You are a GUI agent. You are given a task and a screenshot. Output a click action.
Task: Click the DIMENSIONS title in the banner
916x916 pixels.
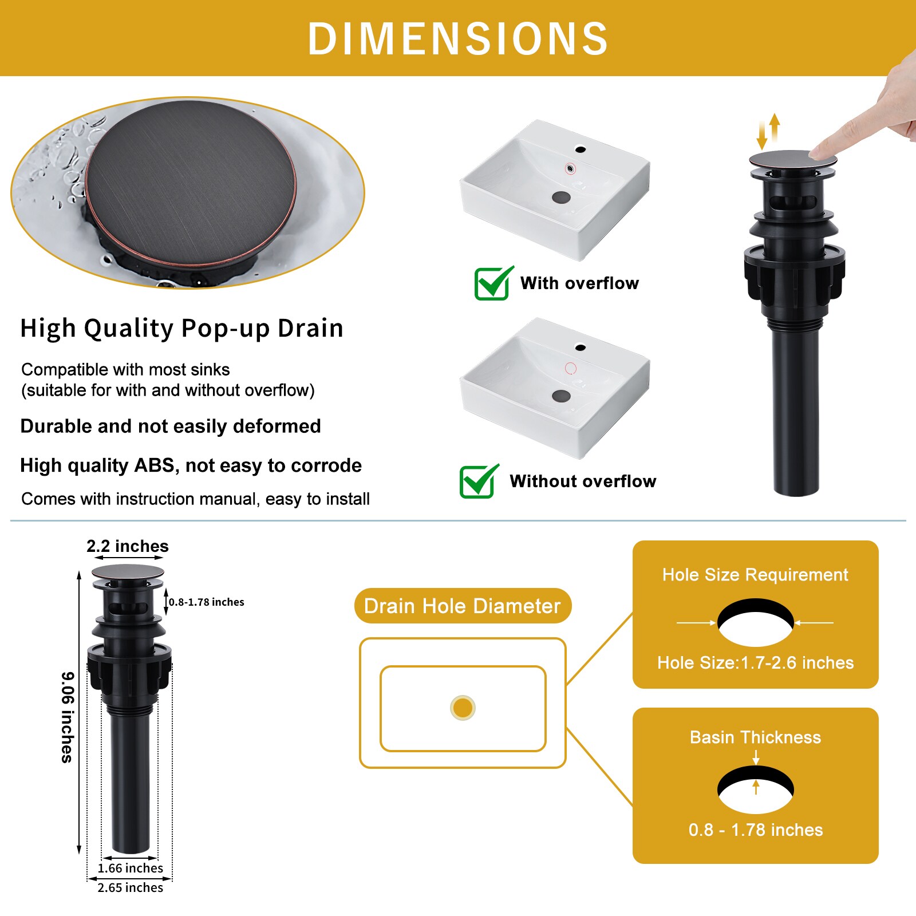458,39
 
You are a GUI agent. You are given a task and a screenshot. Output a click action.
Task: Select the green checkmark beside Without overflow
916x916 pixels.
478,481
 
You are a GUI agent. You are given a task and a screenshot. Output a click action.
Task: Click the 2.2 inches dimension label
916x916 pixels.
128,546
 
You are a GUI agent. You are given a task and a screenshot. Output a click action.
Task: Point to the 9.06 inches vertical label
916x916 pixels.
68,717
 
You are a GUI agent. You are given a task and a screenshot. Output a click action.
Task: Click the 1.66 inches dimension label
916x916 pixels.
130,868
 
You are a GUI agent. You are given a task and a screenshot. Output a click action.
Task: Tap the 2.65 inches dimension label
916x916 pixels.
130,887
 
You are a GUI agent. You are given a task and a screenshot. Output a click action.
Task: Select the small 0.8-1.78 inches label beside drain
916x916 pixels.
206,602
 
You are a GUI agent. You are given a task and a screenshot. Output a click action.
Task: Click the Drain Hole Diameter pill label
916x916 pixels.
462,606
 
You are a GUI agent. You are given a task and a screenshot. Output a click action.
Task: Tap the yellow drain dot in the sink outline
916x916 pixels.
463,708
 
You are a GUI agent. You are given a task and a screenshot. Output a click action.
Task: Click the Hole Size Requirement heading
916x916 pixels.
755,574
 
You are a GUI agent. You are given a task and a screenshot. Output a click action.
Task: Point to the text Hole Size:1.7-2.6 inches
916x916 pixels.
755,662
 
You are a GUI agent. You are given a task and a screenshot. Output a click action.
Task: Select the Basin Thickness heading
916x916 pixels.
755,737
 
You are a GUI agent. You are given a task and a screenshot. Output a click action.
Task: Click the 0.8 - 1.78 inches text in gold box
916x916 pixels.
755,830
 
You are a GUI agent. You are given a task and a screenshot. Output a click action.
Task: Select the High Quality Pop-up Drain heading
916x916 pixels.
181,328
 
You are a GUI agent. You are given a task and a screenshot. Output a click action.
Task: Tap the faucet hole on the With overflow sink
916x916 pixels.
580,150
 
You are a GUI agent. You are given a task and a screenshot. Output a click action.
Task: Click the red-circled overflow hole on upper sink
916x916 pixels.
570,168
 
